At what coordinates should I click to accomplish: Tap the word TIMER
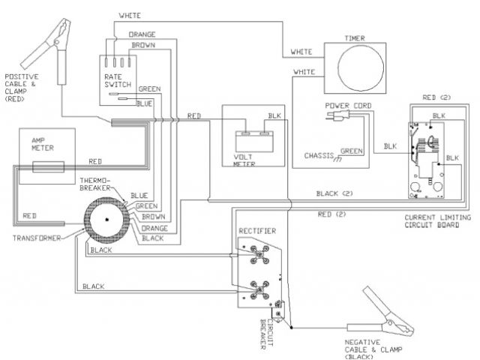pyautogui.click(x=354, y=36)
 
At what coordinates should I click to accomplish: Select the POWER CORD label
pyautogui.click(x=344, y=106)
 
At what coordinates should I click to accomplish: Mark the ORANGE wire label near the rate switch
pyautogui.click(x=142, y=34)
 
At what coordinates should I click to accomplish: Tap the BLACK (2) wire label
pyautogui.click(x=333, y=193)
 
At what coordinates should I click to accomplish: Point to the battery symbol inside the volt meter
pyautogui.click(x=251, y=139)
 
